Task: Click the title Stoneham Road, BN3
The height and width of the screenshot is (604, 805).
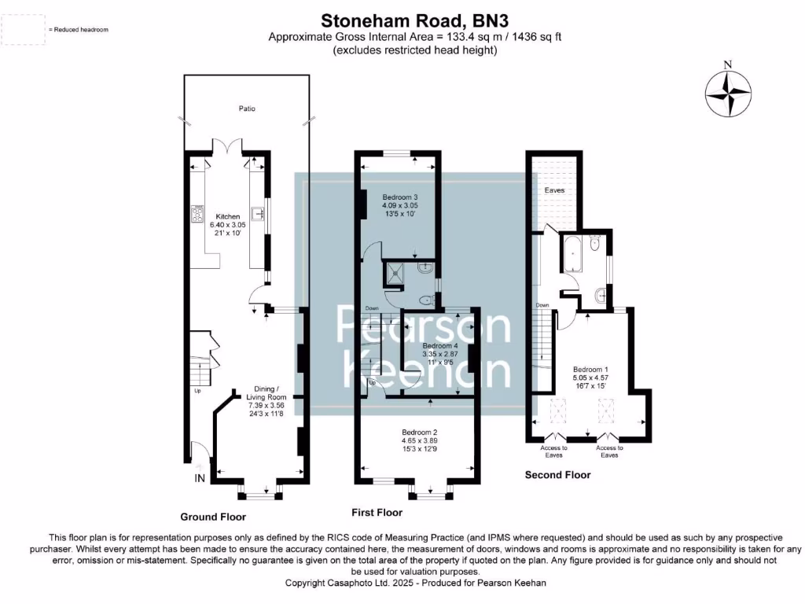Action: click(402, 19)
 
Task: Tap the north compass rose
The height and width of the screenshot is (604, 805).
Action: click(728, 91)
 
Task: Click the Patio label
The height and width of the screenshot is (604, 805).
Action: click(248, 109)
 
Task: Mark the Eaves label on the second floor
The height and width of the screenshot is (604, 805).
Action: click(554, 190)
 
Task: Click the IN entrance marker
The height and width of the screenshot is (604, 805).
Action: click(200, 478)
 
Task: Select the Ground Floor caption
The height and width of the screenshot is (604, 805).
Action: click(213, 517)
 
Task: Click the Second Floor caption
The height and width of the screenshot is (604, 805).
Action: click(557, 475)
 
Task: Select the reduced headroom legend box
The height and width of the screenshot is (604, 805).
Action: click(24, 29)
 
